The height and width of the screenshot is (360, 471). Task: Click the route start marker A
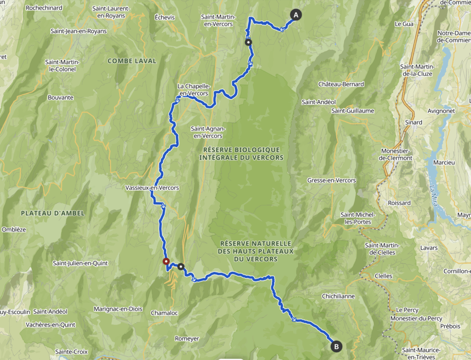point(295,15)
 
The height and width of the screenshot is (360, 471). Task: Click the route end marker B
point(336,346)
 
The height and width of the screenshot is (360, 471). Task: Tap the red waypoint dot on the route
point(166,262)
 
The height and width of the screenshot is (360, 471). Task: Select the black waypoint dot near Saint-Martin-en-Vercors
point(248,42)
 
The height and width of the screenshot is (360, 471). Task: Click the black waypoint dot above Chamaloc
point(181,266)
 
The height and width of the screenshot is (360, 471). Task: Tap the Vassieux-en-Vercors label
point(152,188)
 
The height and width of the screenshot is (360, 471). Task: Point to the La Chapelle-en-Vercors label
point(194,90)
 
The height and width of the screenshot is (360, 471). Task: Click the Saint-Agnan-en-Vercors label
point(207,132)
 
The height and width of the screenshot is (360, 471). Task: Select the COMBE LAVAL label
point(132,61)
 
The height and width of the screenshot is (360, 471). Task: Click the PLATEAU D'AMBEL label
point(46,212)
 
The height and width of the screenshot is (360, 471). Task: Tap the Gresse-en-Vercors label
point(331,180)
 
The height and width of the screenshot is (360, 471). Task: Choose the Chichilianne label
point(338,296)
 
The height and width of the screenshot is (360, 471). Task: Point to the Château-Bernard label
point(341,84)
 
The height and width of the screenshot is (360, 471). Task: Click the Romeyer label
point(187,338)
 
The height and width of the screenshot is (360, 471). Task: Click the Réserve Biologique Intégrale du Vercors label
point(241,154)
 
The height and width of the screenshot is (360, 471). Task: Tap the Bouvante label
point(60,97)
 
